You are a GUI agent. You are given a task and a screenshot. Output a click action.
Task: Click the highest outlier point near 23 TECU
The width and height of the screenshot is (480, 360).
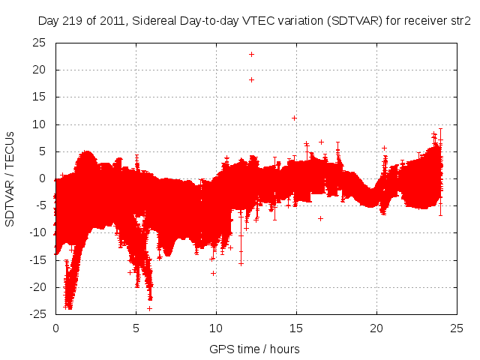tap(251, 54)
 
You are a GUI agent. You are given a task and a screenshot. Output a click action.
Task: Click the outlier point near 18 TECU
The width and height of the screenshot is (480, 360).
tap(251, 79)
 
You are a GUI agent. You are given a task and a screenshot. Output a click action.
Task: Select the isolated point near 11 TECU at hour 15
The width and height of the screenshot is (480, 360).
tap(294, 118)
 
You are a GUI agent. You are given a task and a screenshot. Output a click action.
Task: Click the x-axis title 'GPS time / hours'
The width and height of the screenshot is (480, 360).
tap(255, 349)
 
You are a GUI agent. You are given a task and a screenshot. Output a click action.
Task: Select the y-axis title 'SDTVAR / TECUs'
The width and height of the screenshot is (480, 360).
tap(10, 178)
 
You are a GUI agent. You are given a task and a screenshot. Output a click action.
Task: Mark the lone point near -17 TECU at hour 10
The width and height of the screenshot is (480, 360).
tap(214, 273)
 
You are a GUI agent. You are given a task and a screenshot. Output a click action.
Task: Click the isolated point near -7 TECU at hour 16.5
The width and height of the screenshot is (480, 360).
tap(320, 218)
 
